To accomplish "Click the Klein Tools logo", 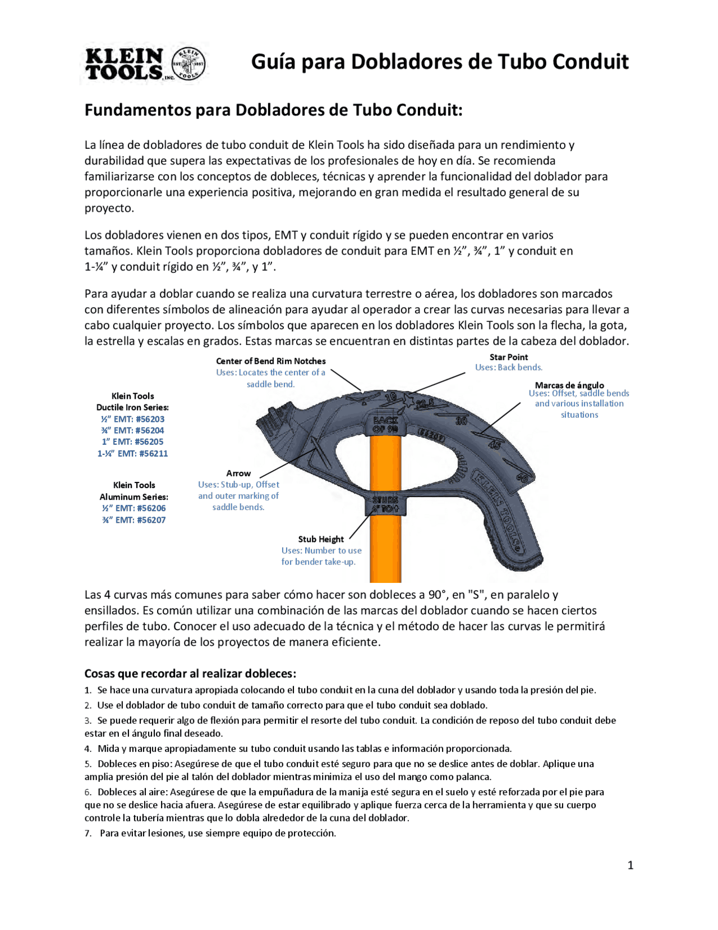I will click(145, 63).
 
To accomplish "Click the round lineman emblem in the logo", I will click(188, 63).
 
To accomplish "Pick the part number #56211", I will click(153, 453).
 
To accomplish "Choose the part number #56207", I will click(151, 520).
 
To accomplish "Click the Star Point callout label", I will click(508, 357).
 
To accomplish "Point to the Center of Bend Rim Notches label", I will click(270, 361).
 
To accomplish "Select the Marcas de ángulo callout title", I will click(569, 385).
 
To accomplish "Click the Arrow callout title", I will click(238, 473).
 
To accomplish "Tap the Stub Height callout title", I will click(321, 539).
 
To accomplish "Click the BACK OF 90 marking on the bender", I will click(385, 425).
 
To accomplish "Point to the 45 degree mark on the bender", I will click(494, 445).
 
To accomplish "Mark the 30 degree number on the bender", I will click(461, 420).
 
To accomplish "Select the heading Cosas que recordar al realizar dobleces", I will click(190, 673).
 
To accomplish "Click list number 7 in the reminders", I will click(88, 833).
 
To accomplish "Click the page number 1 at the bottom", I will click(630, 865).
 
